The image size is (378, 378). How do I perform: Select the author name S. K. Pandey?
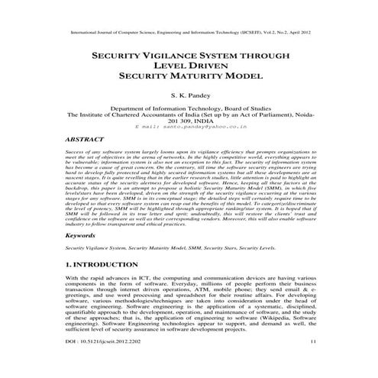point(189,96)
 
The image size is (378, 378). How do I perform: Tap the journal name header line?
point(189,34)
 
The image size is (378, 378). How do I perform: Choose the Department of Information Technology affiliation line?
point(189,109)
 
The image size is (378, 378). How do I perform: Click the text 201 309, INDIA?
point(189,121)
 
